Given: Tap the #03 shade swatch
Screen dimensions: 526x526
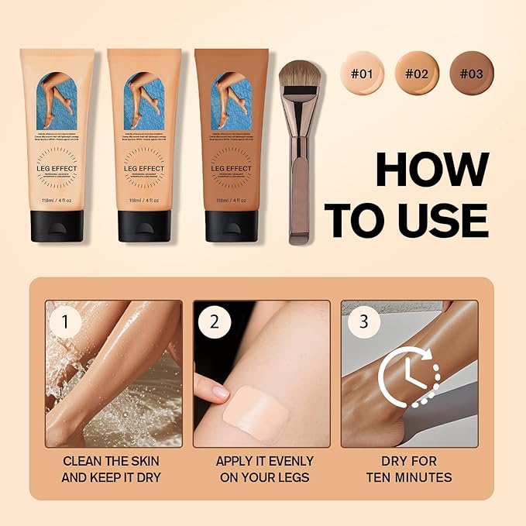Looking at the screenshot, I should (471, 75).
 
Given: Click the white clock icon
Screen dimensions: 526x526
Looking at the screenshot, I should (407, 377).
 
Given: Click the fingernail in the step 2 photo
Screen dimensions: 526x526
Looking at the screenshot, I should (220, 393).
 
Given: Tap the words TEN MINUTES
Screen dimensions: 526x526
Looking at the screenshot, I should (409, 477).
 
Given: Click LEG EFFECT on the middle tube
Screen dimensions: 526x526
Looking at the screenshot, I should (143, 167).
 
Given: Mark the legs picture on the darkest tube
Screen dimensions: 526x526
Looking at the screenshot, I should (231, 101).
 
